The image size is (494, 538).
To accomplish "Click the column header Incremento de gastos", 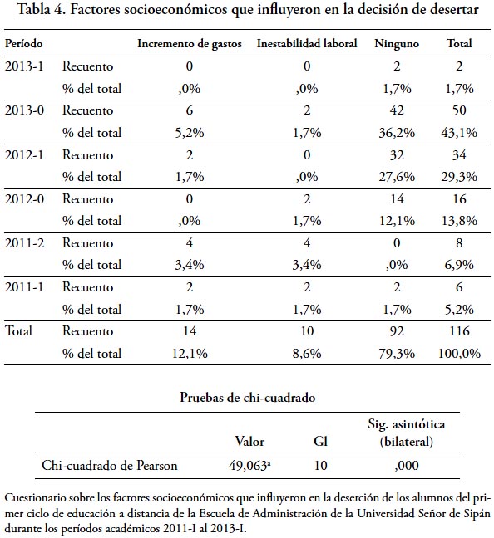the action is (x=190, y=44).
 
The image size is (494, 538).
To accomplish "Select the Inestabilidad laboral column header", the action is (x=307, y=43).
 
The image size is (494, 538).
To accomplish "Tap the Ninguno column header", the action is (x=397, y=44).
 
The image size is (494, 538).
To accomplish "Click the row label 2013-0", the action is (x=24, y=110).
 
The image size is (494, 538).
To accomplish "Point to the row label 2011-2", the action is (x=24, y=243).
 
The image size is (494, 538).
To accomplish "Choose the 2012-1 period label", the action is (x=24, y=154).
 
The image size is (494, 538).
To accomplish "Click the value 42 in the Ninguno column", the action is (x=397, y=110).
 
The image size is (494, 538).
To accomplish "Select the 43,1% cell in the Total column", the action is (x=459, y=133).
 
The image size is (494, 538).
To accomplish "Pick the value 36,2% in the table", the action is (x=397, y=133).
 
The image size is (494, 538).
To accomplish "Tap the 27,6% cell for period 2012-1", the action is (x=397, y=177).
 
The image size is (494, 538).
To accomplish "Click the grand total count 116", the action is (x=459, y=331).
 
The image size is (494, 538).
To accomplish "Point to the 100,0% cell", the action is (x=459, y=354).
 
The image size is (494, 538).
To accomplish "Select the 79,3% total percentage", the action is (x=397, y=354).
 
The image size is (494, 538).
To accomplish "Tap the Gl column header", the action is (x=320, y=441).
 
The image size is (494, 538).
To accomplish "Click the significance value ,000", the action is (x=407, y=466).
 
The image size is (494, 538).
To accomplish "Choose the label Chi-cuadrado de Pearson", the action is (x=110, y=466).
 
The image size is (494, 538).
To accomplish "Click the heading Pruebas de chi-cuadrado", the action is (x=248, y=398).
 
